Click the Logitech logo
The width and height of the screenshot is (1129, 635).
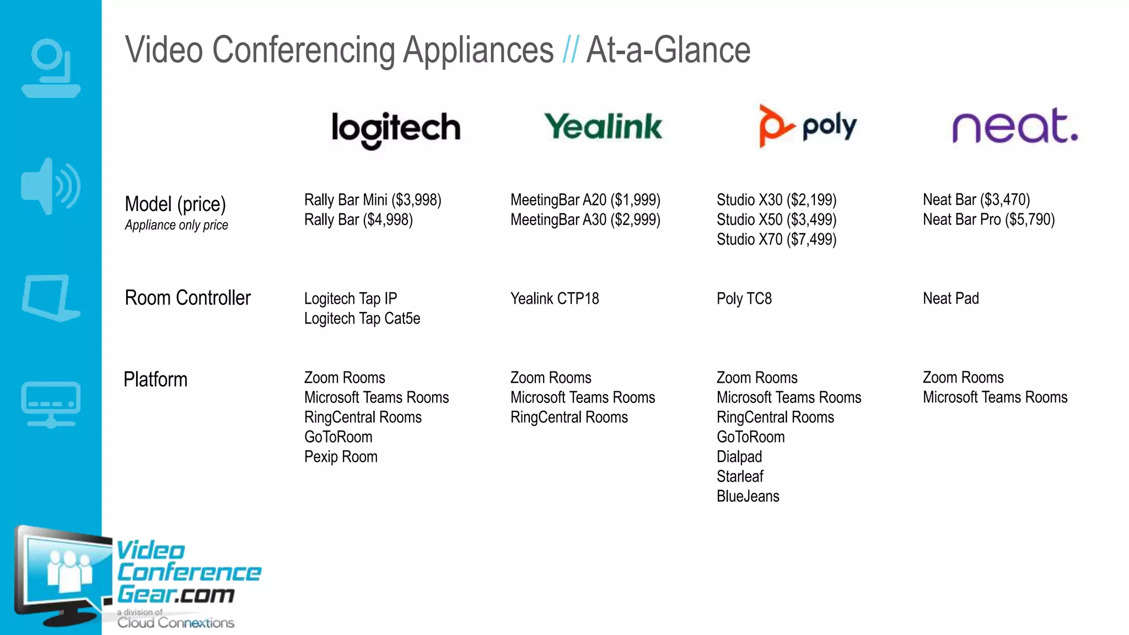(396, 129)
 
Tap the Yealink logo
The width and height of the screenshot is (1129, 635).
(603, 126)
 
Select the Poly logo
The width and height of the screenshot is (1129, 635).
(808, 126)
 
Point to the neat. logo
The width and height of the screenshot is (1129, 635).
(1015, 126)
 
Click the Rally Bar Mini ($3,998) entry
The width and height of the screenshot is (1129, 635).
(373, 200)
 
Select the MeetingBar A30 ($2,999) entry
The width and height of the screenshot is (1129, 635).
(585, 220)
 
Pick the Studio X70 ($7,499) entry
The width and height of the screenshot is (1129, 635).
(776, 240)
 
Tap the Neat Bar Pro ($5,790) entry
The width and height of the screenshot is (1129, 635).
(988, 220)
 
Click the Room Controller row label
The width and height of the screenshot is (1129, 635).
(187, 298)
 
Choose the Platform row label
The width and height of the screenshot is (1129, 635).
(155, 380)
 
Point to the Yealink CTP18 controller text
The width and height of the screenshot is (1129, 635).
(555, 299)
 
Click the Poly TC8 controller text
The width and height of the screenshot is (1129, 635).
(744, 299)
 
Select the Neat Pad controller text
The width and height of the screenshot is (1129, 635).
(950, 299)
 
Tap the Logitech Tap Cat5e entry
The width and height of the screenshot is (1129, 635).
(362, 319)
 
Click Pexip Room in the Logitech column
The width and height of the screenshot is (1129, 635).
(341, 457)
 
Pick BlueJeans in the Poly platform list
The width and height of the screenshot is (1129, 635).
(748, 497)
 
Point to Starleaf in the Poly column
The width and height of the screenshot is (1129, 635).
(740, 477)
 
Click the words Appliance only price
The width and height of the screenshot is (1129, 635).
(176, 225)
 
